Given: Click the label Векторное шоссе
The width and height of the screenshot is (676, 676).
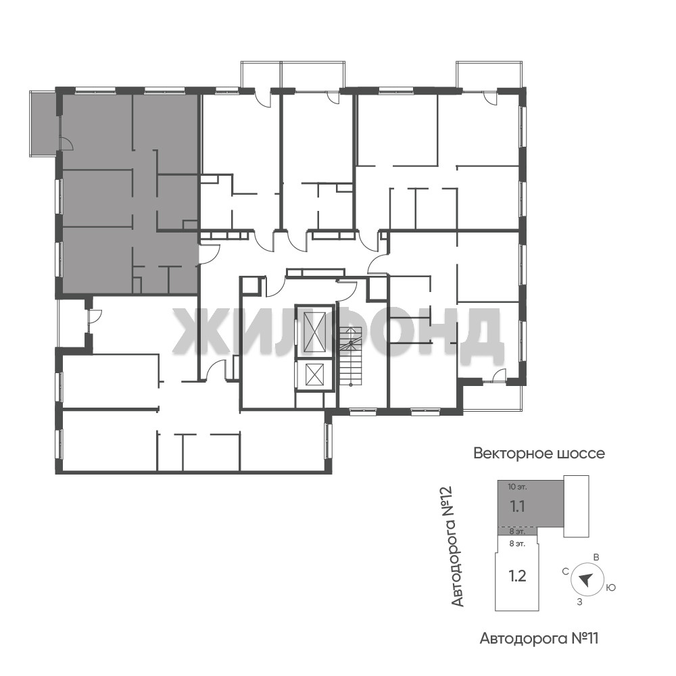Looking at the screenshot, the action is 539,454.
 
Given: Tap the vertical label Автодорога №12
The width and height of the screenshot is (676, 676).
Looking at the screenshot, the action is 458,546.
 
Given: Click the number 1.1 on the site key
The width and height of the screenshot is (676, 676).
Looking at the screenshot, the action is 517,506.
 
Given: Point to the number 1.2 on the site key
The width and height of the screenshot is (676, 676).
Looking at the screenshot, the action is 517,576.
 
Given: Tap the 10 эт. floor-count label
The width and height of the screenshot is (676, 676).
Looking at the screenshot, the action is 517,487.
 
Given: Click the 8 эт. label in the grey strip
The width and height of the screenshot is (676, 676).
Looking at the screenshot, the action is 517,531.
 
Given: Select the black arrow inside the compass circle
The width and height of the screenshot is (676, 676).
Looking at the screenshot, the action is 585,579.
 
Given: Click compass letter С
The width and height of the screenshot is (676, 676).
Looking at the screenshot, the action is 566,572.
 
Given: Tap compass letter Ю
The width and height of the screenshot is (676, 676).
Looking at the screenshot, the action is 610,587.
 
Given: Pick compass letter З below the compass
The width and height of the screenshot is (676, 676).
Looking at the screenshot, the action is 580,602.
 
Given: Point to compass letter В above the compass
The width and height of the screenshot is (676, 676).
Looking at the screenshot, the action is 596,558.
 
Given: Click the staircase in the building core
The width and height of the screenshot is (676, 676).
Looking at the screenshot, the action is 352,357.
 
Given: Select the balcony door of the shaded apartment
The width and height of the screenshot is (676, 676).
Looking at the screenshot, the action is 66,143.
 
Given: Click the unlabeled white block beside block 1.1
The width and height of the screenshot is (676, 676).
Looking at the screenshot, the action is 577,506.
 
